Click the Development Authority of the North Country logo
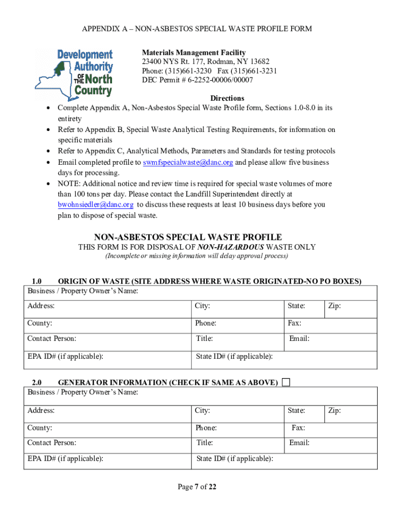tap(74, 73)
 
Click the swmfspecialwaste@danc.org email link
tap(188, 162)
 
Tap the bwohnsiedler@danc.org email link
tap(95, 205)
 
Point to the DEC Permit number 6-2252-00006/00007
tap(197, 80)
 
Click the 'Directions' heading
tap(227, 98)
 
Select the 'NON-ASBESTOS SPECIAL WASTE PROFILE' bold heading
tap(188, 237)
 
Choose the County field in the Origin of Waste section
tap(107, 323)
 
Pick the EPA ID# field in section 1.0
tap(107, 357)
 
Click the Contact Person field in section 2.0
tap(107, 443)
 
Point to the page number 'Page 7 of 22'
tap(197, 487)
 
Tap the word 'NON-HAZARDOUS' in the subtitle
tap(231, 247)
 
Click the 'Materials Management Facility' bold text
tap(193, 53)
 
